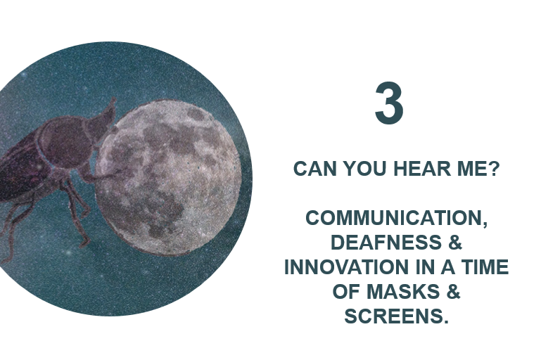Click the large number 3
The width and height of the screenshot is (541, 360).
pyautogui.click(x=389, y=103)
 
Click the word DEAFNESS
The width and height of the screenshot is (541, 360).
pyautogui.click(x=386, y=242)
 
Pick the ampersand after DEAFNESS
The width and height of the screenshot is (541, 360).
pyautogui.click(x=455, y=242)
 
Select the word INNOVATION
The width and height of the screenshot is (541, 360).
pyautogui.click(x=347, y=267)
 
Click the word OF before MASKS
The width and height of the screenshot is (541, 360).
pyautogui.click(x=346, y=291)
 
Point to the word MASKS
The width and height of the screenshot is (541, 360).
pyautogui.click(x=403, y=291)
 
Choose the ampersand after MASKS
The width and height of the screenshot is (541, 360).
pyautogui.click(x=454, y=291)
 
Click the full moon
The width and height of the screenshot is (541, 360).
pyautogui.click(x=168, y=176)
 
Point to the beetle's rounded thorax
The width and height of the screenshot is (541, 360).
pyautogui.click(x=66, y=142)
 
